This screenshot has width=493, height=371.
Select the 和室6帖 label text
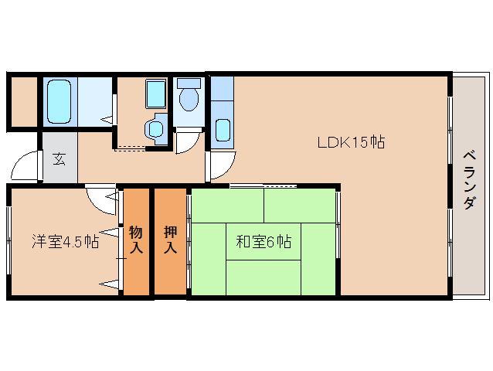coord(263,242)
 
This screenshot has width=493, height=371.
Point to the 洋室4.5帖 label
coord(65,240)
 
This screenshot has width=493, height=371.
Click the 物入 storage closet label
coord(136,239)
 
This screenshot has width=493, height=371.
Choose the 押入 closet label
coord(171,239)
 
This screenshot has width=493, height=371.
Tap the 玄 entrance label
coord(59,160)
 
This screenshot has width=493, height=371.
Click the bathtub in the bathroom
coord(59,100)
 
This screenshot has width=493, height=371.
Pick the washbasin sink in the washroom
coord(156,128)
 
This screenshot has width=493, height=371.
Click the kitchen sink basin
coord(223,129)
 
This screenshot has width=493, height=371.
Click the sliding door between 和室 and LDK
coord(263,185)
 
